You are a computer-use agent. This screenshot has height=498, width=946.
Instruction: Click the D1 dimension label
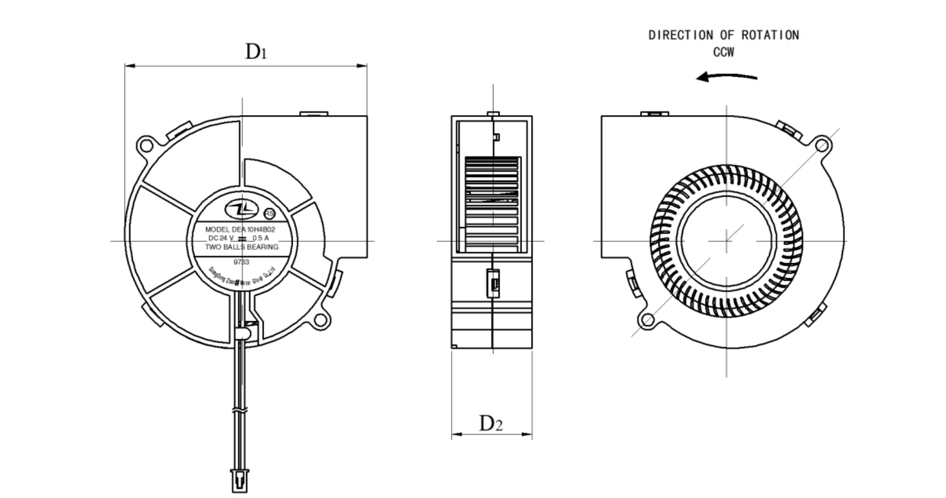[256, 52]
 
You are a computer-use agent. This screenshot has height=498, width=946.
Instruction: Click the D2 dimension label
[491, 424]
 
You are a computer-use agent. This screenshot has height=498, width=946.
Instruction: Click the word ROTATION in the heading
[770, 35]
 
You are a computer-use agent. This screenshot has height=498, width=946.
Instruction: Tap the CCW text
[724, 53]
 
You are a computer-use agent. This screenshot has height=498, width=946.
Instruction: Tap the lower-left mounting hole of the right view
[647, 320]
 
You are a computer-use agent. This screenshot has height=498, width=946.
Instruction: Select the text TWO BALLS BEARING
[241, 247]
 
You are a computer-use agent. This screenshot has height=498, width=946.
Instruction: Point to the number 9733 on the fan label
[241, 262]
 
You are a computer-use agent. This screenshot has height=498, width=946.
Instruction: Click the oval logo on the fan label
[241, 210]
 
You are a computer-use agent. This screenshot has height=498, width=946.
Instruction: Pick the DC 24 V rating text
[221, 238]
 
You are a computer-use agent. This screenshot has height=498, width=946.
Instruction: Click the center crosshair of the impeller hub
[726, 241]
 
